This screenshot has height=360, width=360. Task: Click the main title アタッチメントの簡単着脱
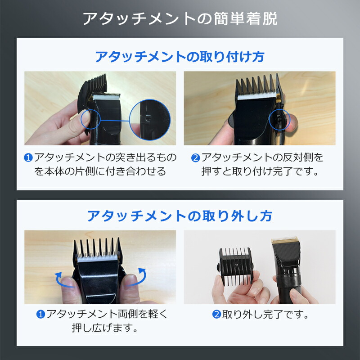[x=180, y=18]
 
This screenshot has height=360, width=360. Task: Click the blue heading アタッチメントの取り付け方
[x=180, y=57]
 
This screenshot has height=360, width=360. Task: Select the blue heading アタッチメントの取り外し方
[x=180, y=216]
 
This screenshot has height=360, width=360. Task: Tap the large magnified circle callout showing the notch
[x=150, y=120]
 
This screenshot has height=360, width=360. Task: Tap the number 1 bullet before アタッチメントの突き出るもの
[x=28, y=157]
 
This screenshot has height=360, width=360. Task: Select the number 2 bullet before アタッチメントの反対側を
[x=195, y=158]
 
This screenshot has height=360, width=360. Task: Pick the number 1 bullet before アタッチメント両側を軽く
[x=40, y=314]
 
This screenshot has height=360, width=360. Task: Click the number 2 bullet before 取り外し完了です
[x=216, y=314]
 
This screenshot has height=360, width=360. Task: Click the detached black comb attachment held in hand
[x=235, y=266]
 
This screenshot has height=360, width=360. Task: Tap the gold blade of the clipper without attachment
[x=285, y=241]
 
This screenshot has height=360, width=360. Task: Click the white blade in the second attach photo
[x=256, y=95]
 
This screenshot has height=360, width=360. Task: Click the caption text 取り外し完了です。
[x=265, y=314]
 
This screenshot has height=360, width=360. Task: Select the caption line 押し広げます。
[x=105, y=328]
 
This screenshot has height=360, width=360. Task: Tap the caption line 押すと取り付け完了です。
[x=260, y=171]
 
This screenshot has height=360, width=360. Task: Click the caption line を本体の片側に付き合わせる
[x=100, y=171]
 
